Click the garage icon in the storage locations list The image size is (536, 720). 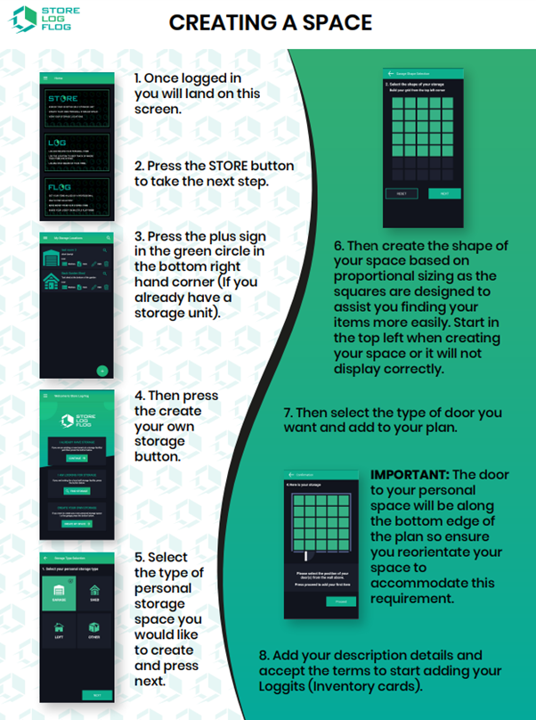tap(52, 258)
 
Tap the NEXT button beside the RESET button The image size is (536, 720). tap(444, 193)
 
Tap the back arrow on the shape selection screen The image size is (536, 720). tap(390, 73)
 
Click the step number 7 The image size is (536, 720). tap(288, 413)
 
